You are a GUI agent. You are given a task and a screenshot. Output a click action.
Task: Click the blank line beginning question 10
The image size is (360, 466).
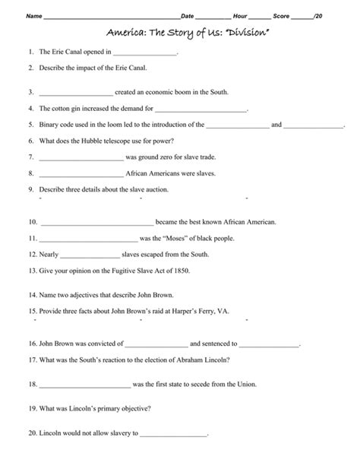pos(96,223)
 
